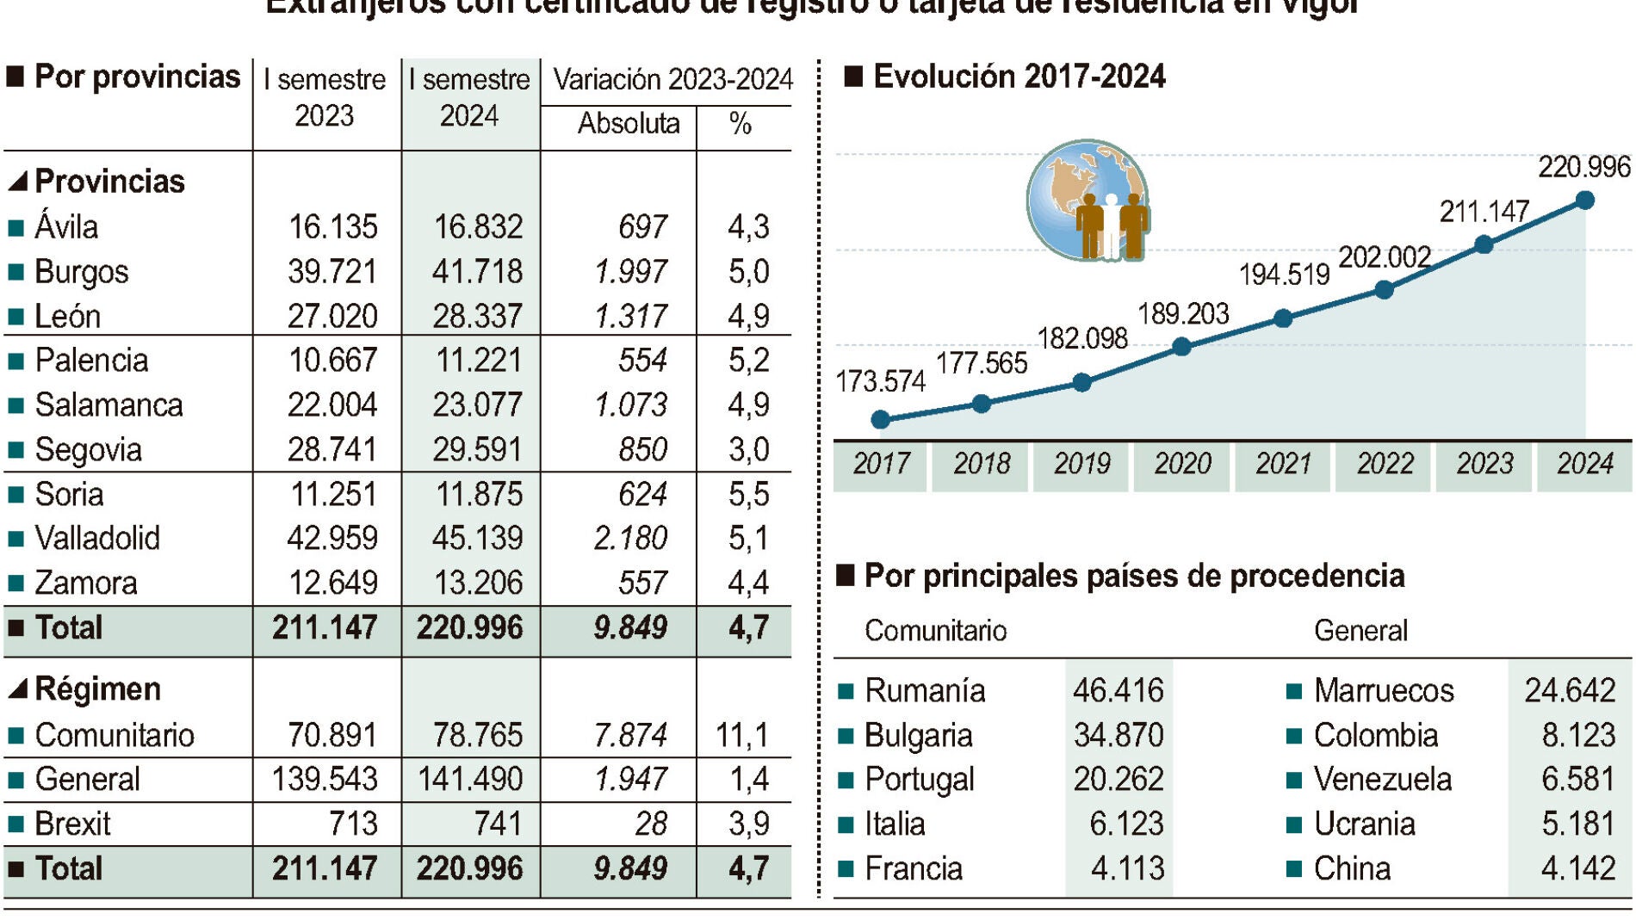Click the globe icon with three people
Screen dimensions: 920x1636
[x=1089, y=201]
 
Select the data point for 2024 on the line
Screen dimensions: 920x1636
[x=1584, y=201]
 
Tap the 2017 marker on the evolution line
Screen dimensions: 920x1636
[x=880, y=419]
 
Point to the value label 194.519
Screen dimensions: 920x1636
[x=1284, y=275]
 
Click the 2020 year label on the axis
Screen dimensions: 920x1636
[x=1182, y=464]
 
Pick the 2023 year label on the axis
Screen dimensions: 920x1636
[x=1484, y=464]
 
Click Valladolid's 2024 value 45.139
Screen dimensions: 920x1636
[x=477, y=538]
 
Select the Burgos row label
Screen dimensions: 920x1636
[x=82, y=272]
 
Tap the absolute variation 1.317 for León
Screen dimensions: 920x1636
[x=630, y=316]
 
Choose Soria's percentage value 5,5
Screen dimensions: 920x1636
[x=748, y=494]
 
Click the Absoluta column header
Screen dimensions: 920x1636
[x=628, y=124]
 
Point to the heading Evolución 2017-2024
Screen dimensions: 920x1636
[x=1019, y=77]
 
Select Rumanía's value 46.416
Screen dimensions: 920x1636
[x=1118, y=690]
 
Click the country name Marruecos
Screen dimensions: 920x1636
[x=1383, y=690]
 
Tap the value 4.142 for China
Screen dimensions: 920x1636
[x=1577, y=868]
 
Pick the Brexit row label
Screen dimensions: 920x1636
[x=72, y=824]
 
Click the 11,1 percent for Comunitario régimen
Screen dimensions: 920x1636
[x=741, y=735]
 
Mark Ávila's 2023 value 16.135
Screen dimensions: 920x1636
[x=332, y=227]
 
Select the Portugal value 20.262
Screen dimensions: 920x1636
[x=1118, y=779]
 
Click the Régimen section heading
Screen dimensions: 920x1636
[x=97, y=689]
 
